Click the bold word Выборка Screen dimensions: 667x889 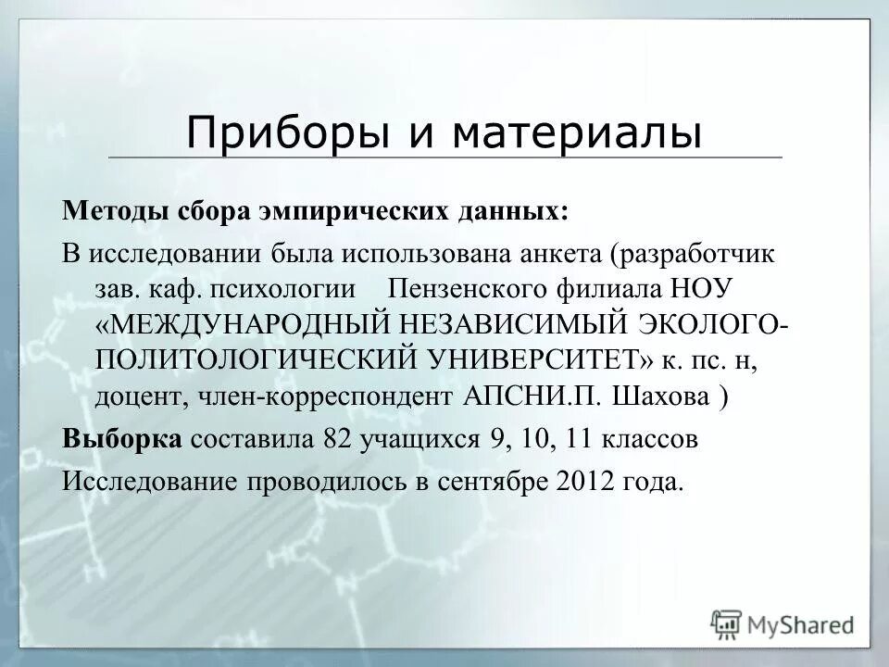coord(121,439)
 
